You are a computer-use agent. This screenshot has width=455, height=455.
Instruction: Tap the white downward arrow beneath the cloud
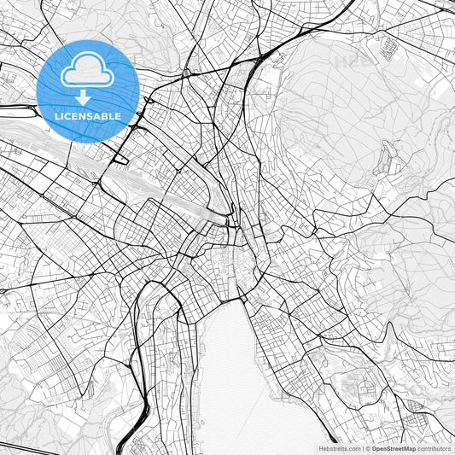(84, 96)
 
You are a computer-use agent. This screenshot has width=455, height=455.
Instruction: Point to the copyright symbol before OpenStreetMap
(368, 448)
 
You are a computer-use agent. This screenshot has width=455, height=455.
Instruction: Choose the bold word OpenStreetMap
(393, 448)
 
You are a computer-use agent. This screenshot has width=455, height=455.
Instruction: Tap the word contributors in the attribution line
(434, 448)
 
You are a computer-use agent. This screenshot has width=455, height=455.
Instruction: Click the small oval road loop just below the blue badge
(120, 158)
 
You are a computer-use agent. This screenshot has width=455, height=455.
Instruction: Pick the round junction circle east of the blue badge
(186, 73)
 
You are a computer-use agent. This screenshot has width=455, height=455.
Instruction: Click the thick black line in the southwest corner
(26, 446)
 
